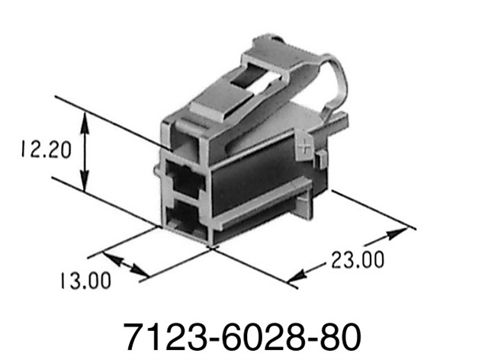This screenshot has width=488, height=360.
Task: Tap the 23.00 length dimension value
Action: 358,260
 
